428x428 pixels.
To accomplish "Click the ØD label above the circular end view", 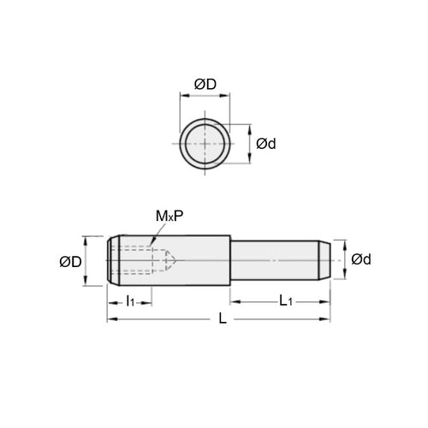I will coord(205,83).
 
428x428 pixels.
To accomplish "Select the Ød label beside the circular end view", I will coord(266,144).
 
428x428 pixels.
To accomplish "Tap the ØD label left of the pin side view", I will coord(72,261).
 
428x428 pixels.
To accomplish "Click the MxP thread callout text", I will coord(168,218).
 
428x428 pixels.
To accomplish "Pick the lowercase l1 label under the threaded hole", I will coord(130,301).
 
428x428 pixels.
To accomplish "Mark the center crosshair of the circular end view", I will coord(205,143).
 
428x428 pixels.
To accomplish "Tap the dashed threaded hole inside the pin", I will coord(137,259).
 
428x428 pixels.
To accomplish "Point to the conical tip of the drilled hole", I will coord(171,259).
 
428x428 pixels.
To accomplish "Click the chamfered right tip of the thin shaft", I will coord(326,259).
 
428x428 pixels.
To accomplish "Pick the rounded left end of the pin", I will coord(110,259).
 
